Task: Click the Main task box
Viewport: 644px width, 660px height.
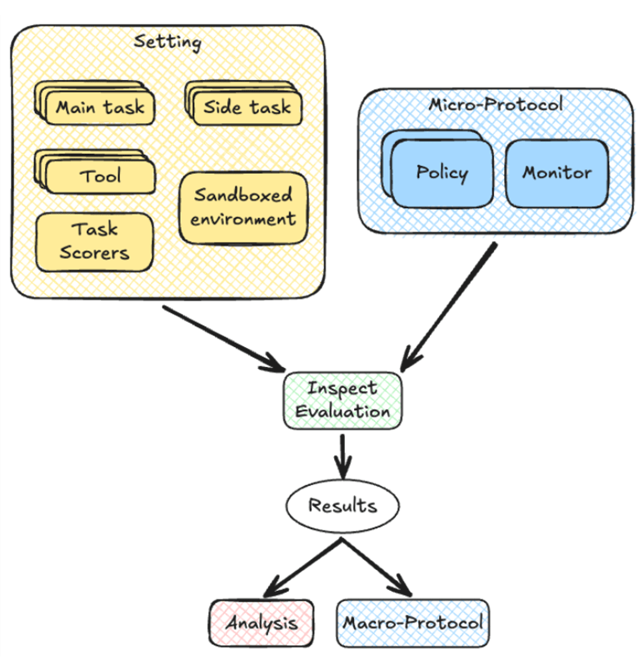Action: click(x=101, y=107)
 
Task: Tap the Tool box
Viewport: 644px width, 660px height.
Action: click(x=101, y=176)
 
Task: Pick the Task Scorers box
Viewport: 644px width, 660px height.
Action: click(x=94, y=241)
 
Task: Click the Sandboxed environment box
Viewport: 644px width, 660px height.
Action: click(x=243, y=207)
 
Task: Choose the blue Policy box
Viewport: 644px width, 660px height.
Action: click(x=442, y=173)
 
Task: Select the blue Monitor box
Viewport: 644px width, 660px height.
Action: click(x=557, y=173)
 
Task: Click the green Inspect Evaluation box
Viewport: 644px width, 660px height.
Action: click(x=342, y=400)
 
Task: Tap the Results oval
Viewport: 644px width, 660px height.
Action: click(x=342, y=505)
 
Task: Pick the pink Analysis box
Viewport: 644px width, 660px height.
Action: click(x=261, y=623)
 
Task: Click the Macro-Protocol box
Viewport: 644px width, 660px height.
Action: click(x=413, y=623)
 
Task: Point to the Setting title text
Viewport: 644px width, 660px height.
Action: click(x=167, y=42)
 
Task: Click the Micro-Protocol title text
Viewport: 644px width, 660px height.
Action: click(x=496, y=105)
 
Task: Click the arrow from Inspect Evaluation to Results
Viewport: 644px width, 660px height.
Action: click(x=342, y=454)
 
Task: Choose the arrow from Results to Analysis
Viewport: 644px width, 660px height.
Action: click(x=303, y=567)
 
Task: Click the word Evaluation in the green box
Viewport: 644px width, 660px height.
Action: click(x=342, y=411)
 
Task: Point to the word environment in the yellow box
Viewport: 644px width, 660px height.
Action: click(x=243, y=219)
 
